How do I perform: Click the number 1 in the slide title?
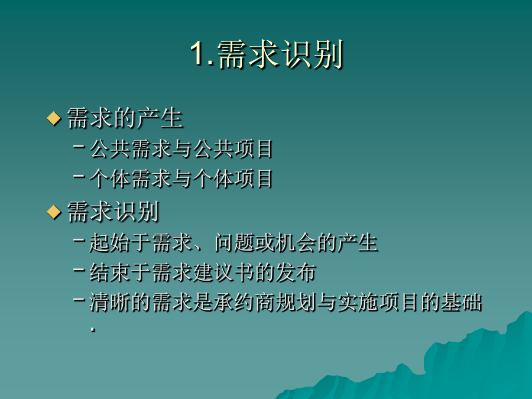[197, 54]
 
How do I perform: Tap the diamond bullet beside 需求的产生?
[54, 118]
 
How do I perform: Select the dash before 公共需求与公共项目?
[79, 146]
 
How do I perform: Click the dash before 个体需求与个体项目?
[79, 176]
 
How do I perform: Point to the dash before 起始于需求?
[79, 240]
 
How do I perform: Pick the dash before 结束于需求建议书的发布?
[79, 270]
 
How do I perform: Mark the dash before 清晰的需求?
[79, 299]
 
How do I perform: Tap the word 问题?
[235, 242]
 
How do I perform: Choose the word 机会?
[296, 242]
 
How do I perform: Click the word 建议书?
[223, 272]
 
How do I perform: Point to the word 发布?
[296, 272]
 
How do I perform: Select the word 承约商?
[244, 302]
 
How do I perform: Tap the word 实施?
[358, 302]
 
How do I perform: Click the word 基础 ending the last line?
[462, 302]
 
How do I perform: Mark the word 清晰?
[109, 302]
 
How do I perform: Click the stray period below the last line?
[93, 329]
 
